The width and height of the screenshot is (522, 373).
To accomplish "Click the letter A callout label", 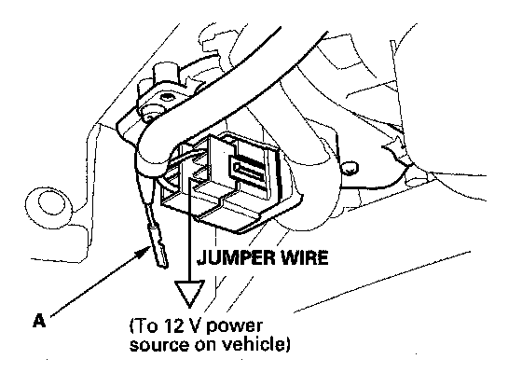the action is point(39,321).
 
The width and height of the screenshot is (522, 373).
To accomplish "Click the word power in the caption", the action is point(234,327).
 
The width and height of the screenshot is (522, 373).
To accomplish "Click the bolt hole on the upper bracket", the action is point(166,98).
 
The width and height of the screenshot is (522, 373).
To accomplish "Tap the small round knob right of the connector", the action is point(350,168).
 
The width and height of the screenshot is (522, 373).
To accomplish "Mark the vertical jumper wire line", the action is point(189,229).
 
